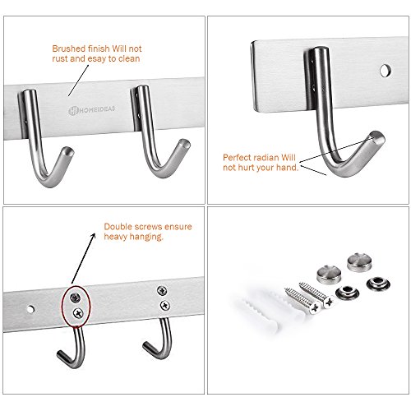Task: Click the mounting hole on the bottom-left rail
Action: coord(31,309)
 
